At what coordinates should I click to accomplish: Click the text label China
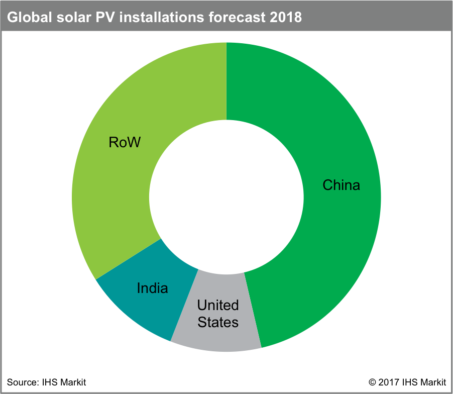pyautogui.click(x=341, y=185)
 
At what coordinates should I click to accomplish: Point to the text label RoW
pyautogui.click(x=125, y=142)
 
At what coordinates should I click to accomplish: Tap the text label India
pyautogui.click(x=152, y=288)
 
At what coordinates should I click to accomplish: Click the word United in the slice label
pyautogui.click(x=218, y=305)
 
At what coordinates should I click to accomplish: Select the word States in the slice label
pyautogui.click(x=218, y=322)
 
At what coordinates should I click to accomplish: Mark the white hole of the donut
pyautogui.click(x=226, y=197)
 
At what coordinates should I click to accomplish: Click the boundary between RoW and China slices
pyautogui.click(x=226, y=80)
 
